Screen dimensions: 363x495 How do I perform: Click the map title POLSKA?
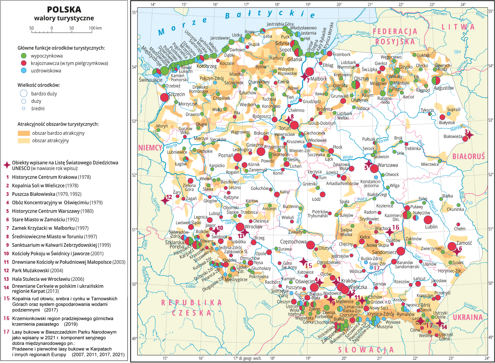(64, 10)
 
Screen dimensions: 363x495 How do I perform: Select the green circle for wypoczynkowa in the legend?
(23, 56)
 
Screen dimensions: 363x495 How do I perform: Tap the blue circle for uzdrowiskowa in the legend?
(23, 71)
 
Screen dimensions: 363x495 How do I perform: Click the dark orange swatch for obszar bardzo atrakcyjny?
(24, 133)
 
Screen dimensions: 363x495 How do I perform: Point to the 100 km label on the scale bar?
(95, 28)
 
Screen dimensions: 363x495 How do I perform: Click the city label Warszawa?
(387, 165)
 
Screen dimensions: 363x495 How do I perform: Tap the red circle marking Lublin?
(428, 220)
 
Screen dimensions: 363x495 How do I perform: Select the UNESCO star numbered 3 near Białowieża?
(469, 135)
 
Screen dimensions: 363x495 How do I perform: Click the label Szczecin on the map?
(177, 94)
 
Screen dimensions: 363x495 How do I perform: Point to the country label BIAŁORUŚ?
(468, 156)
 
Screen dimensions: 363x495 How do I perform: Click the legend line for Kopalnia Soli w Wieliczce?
(45, 186)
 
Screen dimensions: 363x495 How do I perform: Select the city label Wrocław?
(253, 227)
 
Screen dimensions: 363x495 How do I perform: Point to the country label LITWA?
(458, 27)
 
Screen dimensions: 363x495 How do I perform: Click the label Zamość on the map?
(464, 243)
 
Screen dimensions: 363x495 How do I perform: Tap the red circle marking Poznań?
(238, 157)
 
